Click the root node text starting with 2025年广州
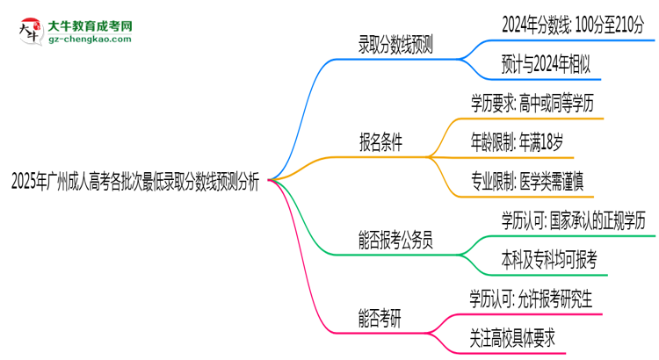(x=134, y=182)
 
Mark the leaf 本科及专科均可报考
(x=536, y=259)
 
